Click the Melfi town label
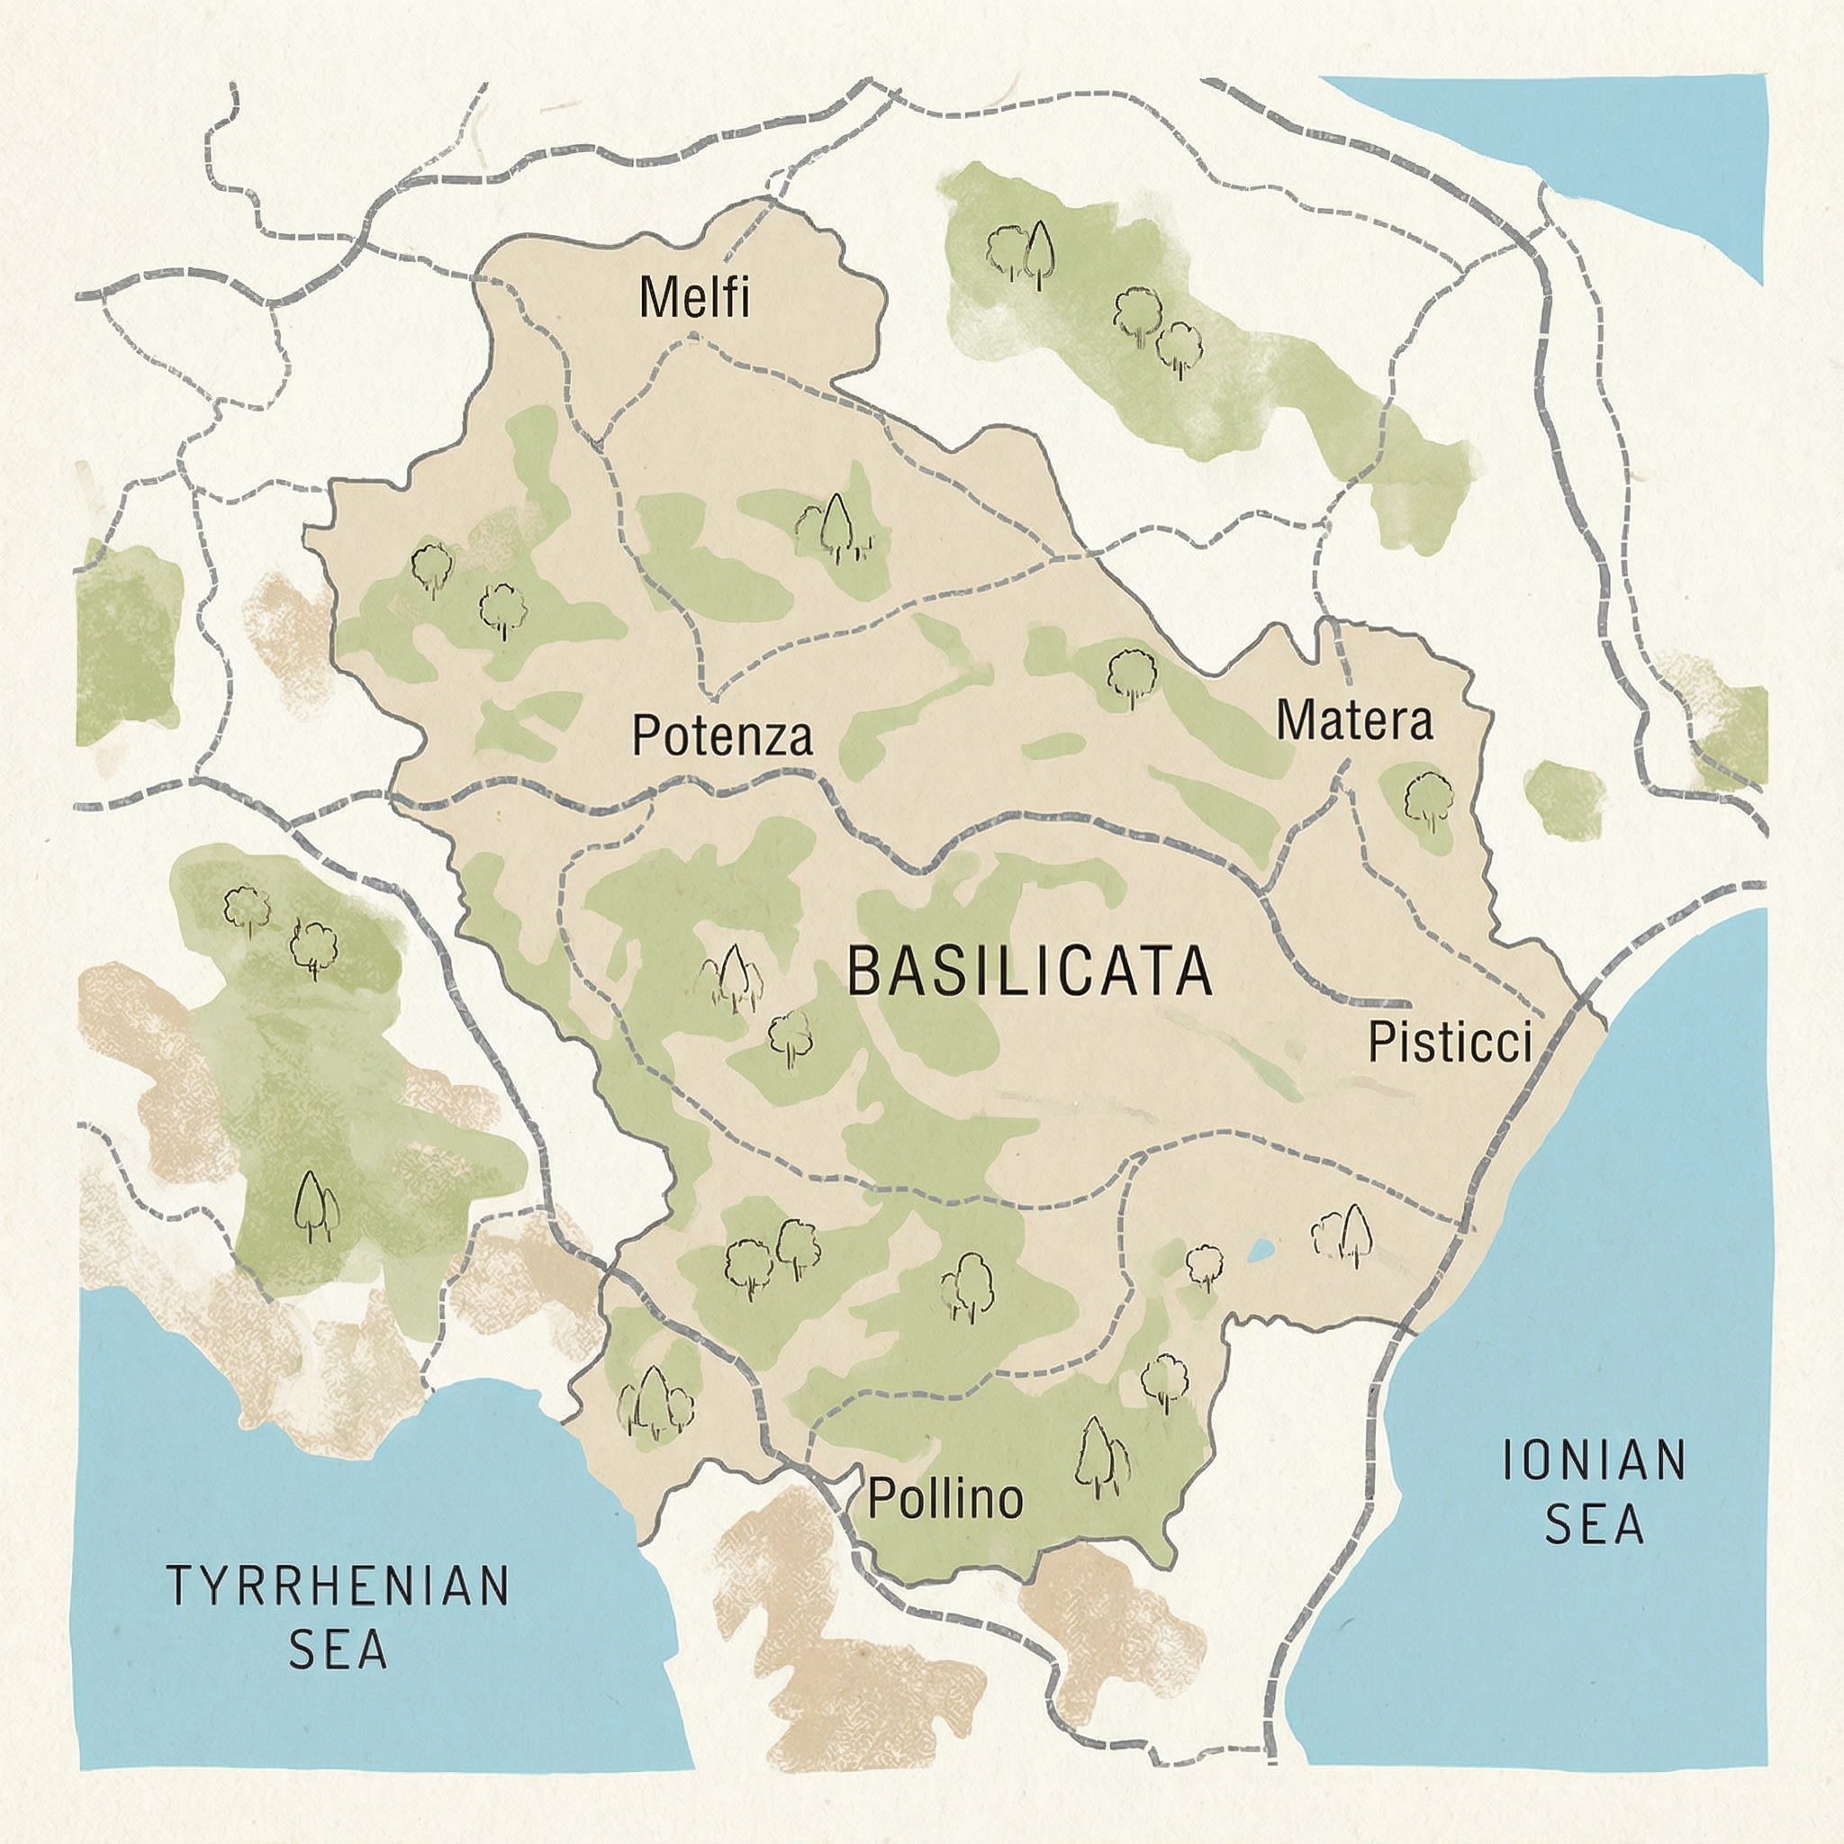click(694, 297)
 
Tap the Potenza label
click(722, 736)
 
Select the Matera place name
click(1354, 720)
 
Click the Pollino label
click(945, 1497)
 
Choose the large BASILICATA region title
click(1029, 972)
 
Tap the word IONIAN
click(1594, 1460)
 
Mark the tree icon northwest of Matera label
click(1132, 674)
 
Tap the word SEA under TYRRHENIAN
click(339, 1650)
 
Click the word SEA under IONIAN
click(1594, 1524)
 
